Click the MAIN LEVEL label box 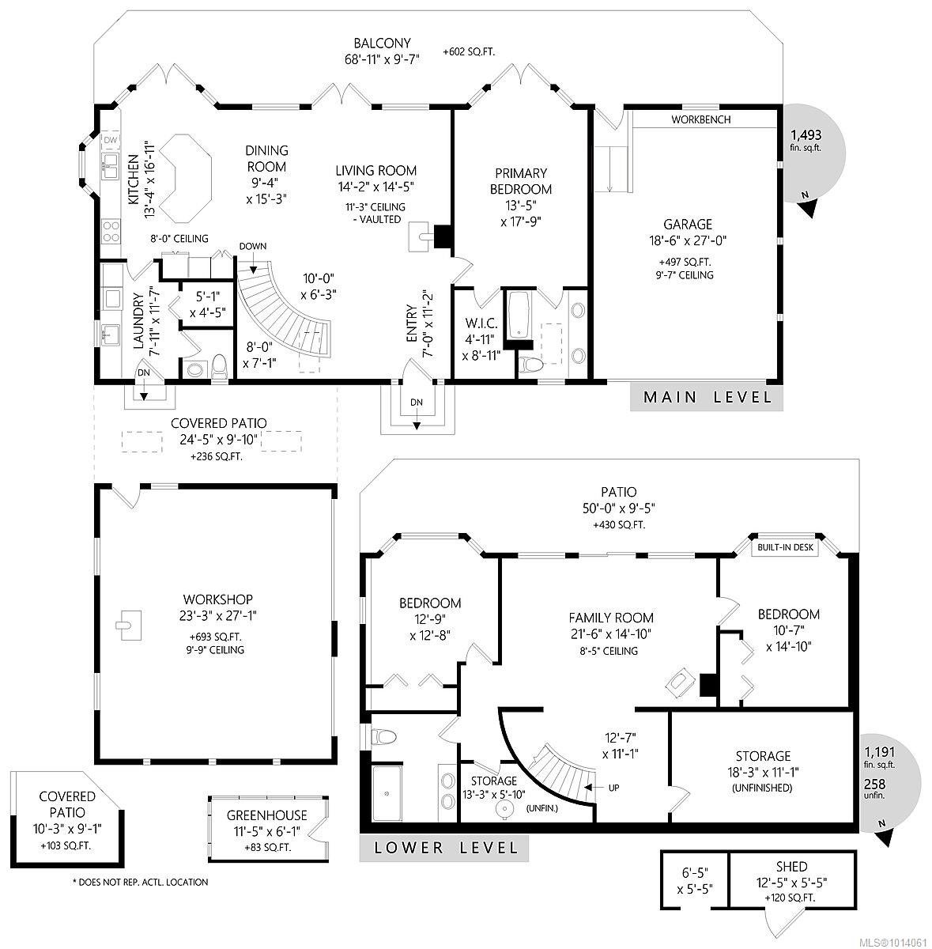(707, 397)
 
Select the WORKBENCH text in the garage (700, 120)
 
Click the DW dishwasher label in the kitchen (110, 140)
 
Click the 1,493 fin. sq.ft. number (806, 134)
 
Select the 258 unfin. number (875, 785)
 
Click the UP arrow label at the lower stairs (613, 788)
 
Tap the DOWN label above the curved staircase (252, 246)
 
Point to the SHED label (791, 867)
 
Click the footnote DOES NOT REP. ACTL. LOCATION (140, 882)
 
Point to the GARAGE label (687, 225)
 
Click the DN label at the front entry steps (417, 403)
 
